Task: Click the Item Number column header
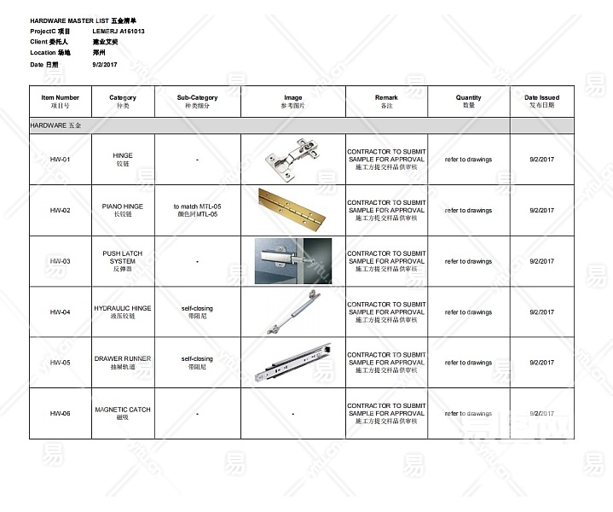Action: [60, 102]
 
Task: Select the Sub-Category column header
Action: [197, 102]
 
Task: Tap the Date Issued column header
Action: [541, 102]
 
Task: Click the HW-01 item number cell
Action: [60, 160]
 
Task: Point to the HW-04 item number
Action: [60, 312]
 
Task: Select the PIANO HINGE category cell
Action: [123, 210]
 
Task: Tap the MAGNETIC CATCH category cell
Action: [123, 413]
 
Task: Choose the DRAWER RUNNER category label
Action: [123, 363]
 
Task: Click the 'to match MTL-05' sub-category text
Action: [197, 207]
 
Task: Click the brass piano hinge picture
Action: [292, 209]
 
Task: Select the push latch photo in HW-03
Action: [292, 260]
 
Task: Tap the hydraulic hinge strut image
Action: [292, 311]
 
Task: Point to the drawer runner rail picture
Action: [292, 363]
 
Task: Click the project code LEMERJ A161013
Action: [119, 31]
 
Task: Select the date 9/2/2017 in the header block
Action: [105, 65]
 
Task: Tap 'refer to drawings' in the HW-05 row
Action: [468, 363]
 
